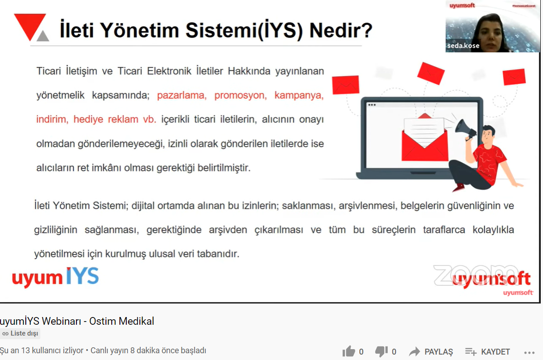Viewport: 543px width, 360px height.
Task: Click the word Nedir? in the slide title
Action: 341,30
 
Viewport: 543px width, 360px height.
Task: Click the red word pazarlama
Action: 182,95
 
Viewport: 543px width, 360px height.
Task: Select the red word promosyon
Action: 240,95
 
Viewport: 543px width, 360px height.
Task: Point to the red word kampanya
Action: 299,95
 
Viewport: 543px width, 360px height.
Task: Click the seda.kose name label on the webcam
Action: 463,46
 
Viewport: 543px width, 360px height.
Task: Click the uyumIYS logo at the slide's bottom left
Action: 55,277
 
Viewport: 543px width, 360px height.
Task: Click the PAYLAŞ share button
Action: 430,351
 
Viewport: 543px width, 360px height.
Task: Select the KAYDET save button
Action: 487,351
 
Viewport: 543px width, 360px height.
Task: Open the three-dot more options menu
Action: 529,353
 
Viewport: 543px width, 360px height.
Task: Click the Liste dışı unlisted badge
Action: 20,333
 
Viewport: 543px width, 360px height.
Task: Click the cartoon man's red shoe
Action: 458,187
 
